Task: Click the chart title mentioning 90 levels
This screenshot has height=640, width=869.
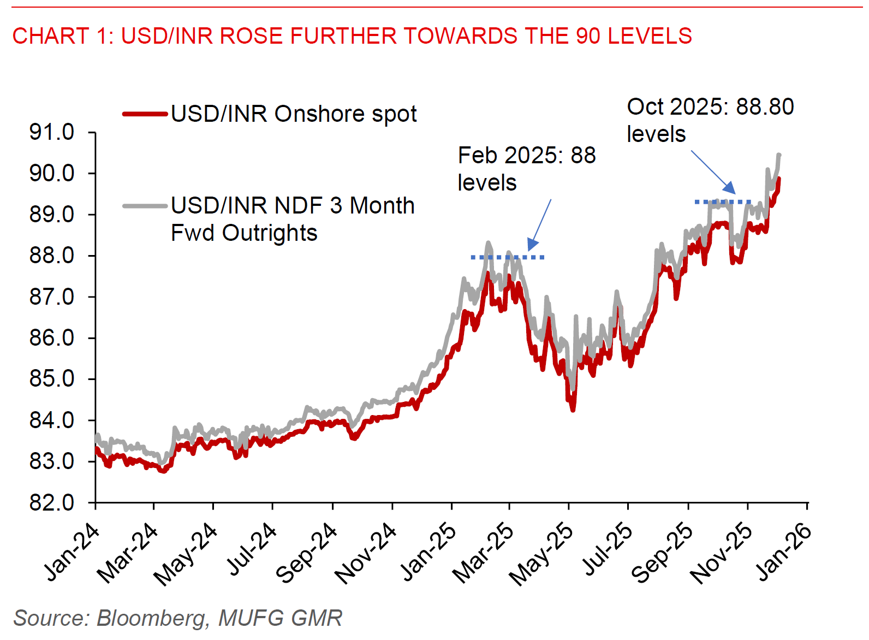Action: pos(352,36)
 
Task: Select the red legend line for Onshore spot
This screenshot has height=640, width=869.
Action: pos(145,114)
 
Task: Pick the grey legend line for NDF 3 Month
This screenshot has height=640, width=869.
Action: pos(145,206)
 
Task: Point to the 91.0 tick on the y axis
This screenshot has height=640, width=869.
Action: pos(52,132)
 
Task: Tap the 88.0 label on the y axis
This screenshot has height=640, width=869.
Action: pos(52,256)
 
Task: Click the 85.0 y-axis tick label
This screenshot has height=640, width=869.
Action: pos(52,378)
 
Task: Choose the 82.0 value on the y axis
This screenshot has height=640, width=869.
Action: pos(52,502)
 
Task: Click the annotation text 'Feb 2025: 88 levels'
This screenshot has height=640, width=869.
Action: pos(526,169)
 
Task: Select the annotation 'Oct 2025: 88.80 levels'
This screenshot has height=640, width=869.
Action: pos(710,120)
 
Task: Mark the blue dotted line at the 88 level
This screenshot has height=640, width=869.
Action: pos(508,257)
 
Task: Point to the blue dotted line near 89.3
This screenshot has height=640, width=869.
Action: pos(723,202)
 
